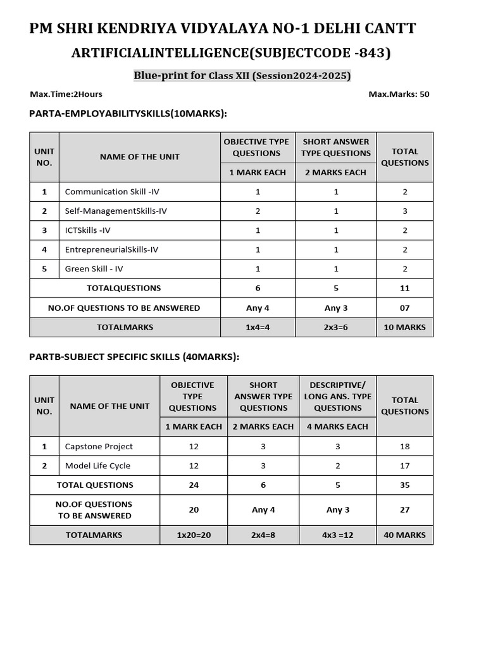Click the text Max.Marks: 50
[399, 94]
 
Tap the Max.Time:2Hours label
[66, 94]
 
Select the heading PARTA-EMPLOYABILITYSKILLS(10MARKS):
[128, 113]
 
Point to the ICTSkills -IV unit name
[88, 230]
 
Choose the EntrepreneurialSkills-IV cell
[111, 249]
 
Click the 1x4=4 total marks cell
[258, 327]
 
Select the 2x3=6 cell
[336, 327]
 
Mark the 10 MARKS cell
[405, 327]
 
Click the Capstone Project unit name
[99, 446]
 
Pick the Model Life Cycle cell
[97, 466]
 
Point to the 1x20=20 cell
[194, 535]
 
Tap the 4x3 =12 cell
[337, 535]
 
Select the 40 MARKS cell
[405, 535]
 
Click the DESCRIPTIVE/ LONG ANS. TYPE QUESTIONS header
[337, 396]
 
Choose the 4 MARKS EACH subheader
[337, 427]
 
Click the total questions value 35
[405, 485]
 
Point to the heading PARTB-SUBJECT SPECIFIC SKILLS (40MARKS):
[134, 357]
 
